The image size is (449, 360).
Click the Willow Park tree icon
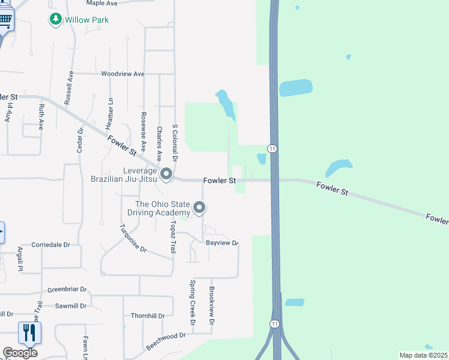tap(56, 20)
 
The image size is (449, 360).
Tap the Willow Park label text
tap(87, 20)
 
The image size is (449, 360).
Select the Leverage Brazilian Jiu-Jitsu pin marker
tap(167, 175)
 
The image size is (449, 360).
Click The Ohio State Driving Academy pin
tap(199, 209)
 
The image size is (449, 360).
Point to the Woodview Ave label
tap(123, 74)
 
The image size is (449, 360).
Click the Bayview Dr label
tap(222, 243)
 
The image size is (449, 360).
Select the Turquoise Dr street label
tap(133, 238)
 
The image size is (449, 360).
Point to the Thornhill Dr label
tap(148, 316)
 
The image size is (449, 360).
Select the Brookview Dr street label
tap(212, 306)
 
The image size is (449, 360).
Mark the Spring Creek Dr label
tap(193, 302)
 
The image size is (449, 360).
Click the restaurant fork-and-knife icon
tap(29, 332)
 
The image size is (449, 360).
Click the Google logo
tap(20, 353)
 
